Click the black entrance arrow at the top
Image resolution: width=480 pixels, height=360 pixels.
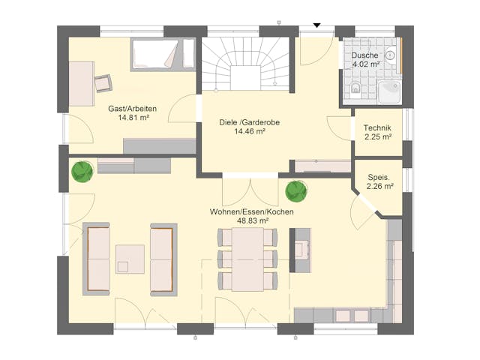pyautogui.click(x=316, y=25)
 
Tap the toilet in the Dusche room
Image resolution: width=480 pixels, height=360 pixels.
pyautogui.click(x=357, y=90)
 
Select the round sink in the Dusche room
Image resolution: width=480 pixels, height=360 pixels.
pyautogui.click(x=390, y=55)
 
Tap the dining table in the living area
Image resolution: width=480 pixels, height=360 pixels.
pyautogui.click(x=247, y=259)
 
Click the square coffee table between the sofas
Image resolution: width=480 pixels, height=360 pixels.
pyautogui.click(x=130, y=259)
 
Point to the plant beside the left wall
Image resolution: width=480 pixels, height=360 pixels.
pyautogui.click(x=82, y=171)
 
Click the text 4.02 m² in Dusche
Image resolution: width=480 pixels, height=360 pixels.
pyautogui.click(x=365, y=64)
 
